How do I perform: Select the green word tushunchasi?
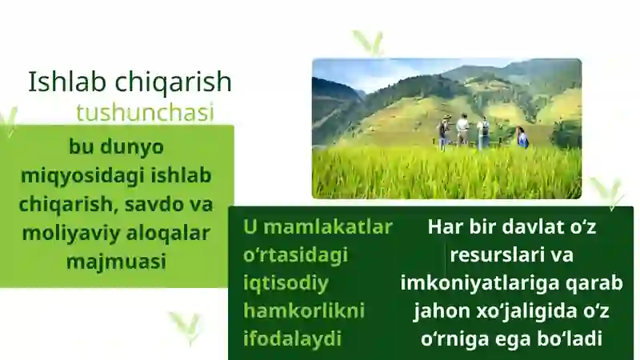point(145,113)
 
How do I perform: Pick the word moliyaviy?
point(69,233)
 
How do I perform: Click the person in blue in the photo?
point(522,138)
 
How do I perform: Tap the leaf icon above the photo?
point(369,42)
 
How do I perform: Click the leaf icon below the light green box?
point(186,324)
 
